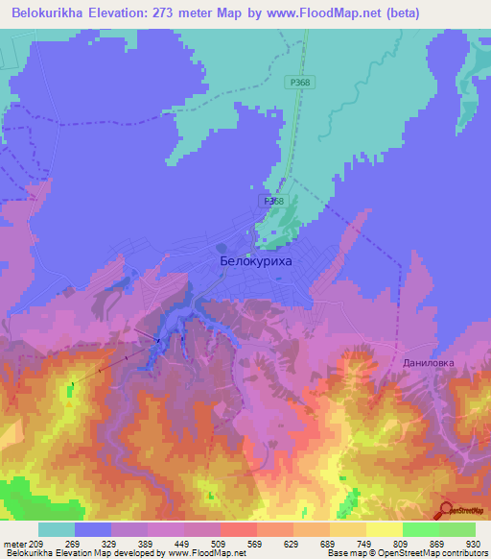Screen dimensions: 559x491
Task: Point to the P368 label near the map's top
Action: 299,84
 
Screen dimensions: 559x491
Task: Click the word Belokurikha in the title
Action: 54,14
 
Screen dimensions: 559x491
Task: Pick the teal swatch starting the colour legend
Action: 57,529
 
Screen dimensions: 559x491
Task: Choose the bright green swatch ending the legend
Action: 457,529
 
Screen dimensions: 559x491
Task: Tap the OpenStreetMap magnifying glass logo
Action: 446,510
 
